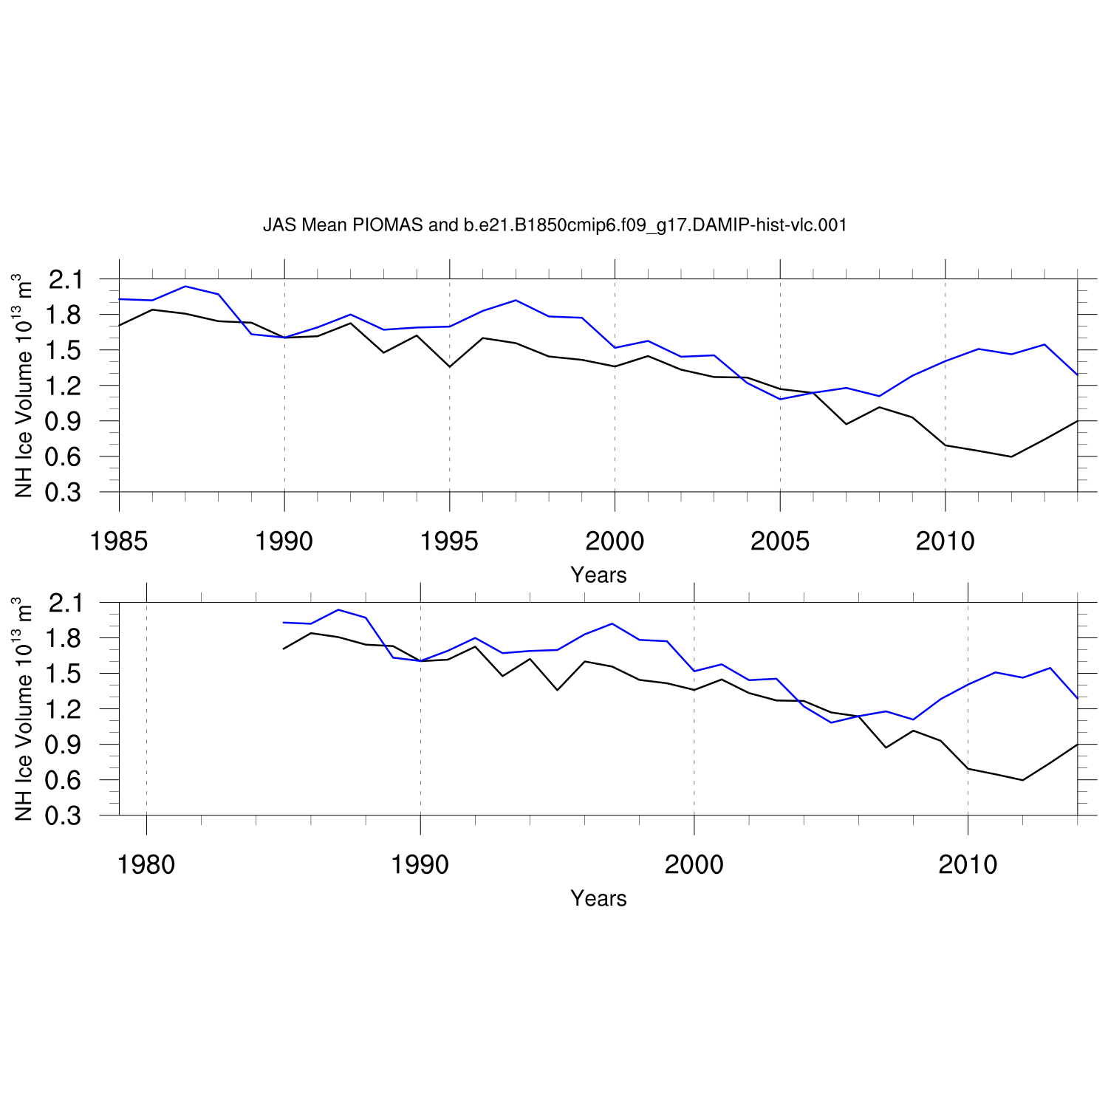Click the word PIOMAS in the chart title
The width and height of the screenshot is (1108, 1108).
pyautogui.click(x=387, y=225)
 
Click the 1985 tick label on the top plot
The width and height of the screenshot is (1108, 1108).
pyautogui.click(x=119, y=541)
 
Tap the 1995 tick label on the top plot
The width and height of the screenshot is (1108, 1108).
pyautogui.click(x=449, y=541)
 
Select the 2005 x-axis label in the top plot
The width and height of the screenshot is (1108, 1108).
pyautogui.click(x=780, y=541)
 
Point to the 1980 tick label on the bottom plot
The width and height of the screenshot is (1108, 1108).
pyautogui.click(x=146, y=864)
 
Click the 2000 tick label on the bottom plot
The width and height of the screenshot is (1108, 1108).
pyautogui.click(x=694, y=864)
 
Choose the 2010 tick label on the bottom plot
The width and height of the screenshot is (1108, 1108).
pyautogui.click(x=968, y=864)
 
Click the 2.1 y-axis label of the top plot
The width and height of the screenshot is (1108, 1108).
pyautogui.click(x=64, y=280)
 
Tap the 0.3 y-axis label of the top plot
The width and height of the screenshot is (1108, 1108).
pyautogui.click(x=64, y=492)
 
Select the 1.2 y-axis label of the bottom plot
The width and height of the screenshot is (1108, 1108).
pyautogui.click(x=64, y=709)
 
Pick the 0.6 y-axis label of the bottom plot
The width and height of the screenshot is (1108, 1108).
pyautogui.click(x=64, y=780)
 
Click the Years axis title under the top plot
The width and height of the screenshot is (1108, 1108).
pyautogui.click(x=598, y=575)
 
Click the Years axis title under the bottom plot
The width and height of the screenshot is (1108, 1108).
pyautogui.click(x=598, y=898)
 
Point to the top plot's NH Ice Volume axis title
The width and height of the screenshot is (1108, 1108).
pyautogui.click(x=24, y=386)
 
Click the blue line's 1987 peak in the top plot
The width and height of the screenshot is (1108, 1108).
pyautogui.click(x=185, y=286)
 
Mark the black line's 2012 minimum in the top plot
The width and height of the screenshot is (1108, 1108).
pyautogui.click(x=1011, y=456)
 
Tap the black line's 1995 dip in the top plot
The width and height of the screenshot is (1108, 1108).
pyautogui.click(x=449, y=366)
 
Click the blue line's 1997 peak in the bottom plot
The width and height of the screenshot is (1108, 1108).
pyautogui.click(x=612, y=623)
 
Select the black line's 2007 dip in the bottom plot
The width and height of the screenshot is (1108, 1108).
pyautogui.click(x=886, y=748)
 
